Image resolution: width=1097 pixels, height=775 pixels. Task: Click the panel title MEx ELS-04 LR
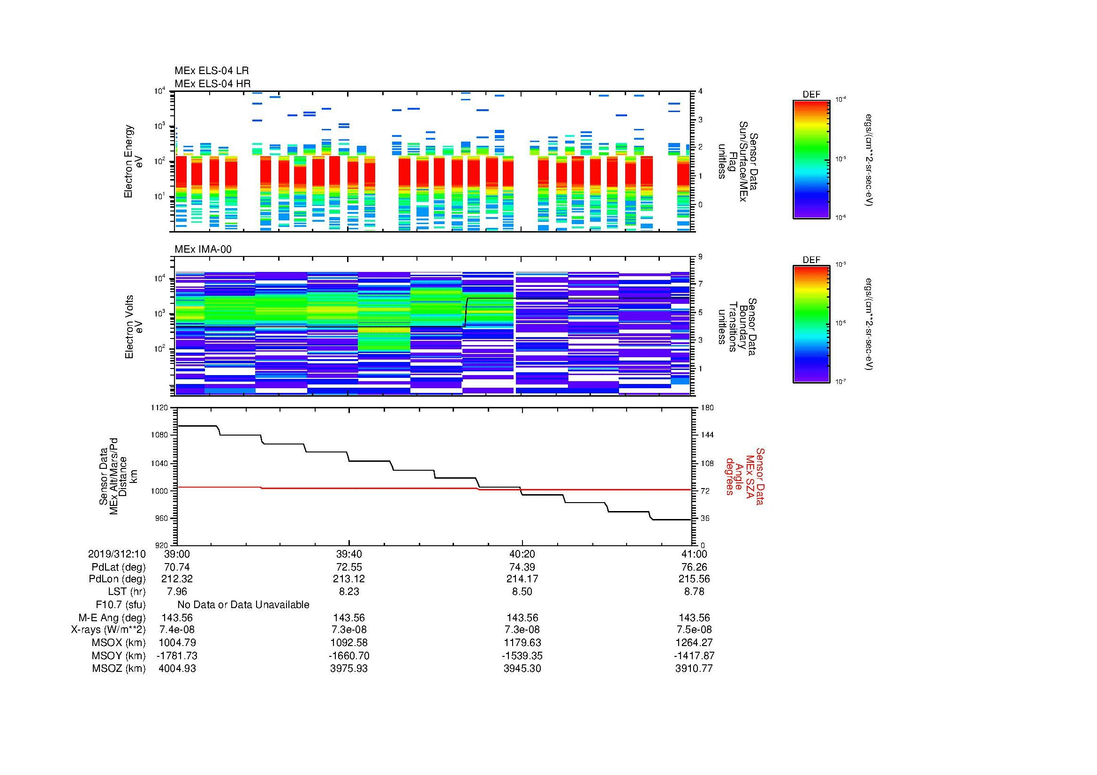pyautogui.click(x=211, y=71)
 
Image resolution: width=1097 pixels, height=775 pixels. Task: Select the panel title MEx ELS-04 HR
pyautogui.click(x=212, y=84)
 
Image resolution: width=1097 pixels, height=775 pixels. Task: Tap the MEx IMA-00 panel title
pyautogui.click(x=203, y=249)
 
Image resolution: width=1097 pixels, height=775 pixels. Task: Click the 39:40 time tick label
pyautogui.click(x=349, y=554)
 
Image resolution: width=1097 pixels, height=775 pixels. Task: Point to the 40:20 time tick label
pyautogui.click(x=522, y=554)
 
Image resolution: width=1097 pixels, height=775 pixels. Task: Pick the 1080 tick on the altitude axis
pyautogui.click(x=159, y=435)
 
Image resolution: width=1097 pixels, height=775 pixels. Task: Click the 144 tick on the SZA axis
pyautogui.click(x=707, y=435)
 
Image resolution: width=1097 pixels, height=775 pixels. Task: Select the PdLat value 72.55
pyautogui.click(x=349, y=567)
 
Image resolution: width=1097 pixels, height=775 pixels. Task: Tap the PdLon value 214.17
pyautogui.click(x=522, y=579)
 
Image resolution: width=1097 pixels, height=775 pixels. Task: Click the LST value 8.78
pyautogui.click(x=694, y=592)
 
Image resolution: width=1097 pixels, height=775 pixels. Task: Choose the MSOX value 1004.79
pyautogui.click(x=177, y=643)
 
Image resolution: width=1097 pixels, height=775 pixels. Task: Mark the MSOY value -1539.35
pyautogui.click(x=522, y=655)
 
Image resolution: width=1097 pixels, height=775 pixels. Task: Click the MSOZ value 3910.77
pyautogui.click(x=694, y=669)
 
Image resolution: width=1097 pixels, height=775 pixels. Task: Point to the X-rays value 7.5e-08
pyautogui.click(x=694, y=630)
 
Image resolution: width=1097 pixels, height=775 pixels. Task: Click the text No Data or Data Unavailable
pyautogui.click(x=243, y=605)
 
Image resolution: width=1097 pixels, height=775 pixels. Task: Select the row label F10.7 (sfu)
pyautogui.click(x=121, y=605)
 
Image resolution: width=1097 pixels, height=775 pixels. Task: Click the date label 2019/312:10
pyautogui.click(x=117, y=554)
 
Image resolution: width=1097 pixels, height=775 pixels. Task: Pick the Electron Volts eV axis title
pyautogui.click(x=134, y=327)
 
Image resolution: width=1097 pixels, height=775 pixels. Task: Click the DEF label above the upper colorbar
pyautogui.click(x=811, y=95)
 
